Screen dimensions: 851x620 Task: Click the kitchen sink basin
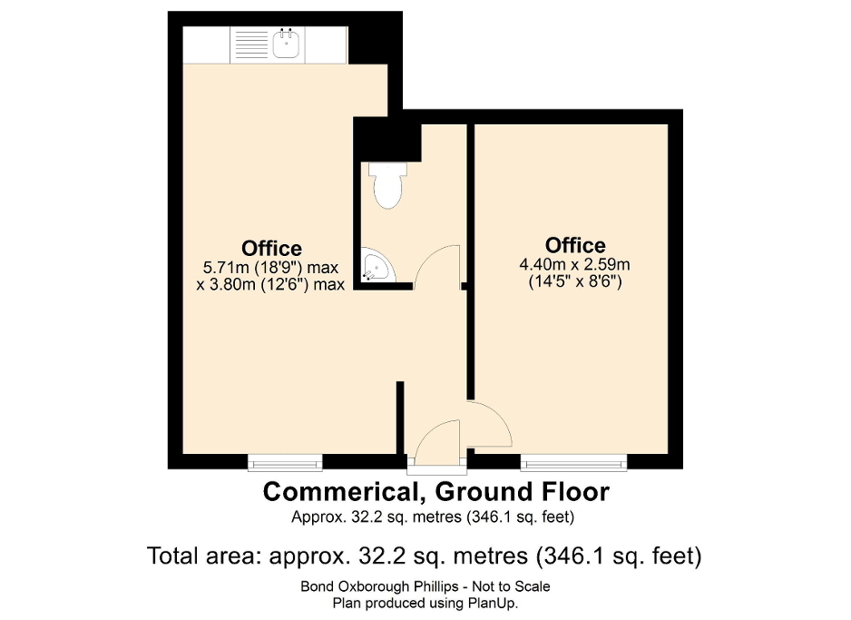(x=286, y=44)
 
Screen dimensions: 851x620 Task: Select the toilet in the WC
(x=387, y=185)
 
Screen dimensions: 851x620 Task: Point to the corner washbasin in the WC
(x=377, y=266)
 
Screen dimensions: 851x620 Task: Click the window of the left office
(x=285, y=462)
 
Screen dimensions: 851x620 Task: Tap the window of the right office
(x=573, y=462)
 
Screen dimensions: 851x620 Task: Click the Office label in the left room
(x=271, y=248)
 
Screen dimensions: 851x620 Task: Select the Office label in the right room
(x=575, y=245)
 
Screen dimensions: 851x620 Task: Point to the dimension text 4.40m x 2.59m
(x=575, y=265)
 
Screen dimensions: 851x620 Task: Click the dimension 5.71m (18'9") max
(x=271, y=268)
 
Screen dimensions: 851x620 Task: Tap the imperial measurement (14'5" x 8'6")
(x=575, y=281)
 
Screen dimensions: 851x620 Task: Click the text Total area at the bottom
(x=205, y=556)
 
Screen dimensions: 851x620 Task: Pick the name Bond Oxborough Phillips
(x=377, y=586)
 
